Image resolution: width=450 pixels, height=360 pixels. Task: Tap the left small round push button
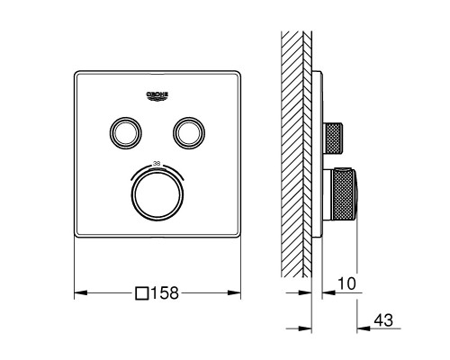click(124, 132)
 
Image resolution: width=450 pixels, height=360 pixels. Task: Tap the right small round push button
click(189, 132)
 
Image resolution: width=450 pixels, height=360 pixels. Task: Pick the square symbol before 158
click(140, 292)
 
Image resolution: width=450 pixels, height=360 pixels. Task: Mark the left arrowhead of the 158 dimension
click(76, 292)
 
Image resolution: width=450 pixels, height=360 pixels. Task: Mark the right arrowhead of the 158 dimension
click(238, 292)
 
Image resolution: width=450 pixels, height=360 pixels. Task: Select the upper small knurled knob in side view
click(336, 134)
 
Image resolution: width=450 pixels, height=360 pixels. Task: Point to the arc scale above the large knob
click(157, 166)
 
